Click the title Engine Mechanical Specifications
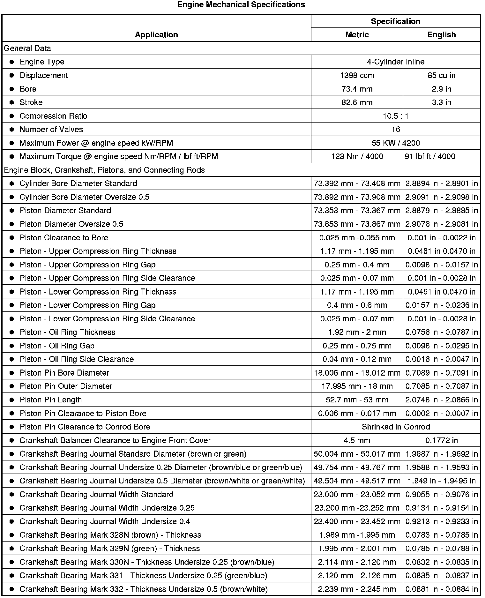point(241,5)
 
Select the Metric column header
point(357,35)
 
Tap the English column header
point(441,35)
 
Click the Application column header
point(156,35)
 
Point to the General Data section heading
point(27,49)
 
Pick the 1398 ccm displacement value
point(357,76)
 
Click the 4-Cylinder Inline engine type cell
point(395,62)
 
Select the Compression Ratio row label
point(53,116)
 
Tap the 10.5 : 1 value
point(395,116)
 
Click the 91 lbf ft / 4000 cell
point(430,157)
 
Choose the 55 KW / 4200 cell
point(395,143)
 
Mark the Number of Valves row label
point(51,130)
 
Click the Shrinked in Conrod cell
point(396,427)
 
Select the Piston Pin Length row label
point(50,400)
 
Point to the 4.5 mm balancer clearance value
point(357,441)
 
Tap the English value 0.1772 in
point(441,441)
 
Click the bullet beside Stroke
point(12,102)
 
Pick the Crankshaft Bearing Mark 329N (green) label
point(109,549)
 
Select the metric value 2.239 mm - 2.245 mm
point(357,589)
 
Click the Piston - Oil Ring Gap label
point(57,346)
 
